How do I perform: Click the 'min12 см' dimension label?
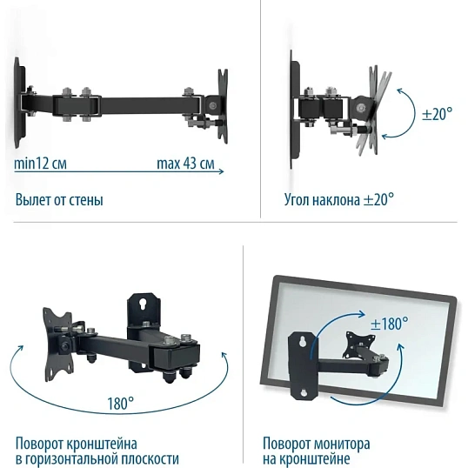tap(41, 164)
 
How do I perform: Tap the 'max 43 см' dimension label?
tap(185, 164)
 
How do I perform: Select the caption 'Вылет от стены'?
tap(59, 200)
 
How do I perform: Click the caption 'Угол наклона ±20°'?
tap(339, 199)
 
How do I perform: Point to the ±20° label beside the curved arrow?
tap(438, 114)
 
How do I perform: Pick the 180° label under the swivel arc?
tap(121, 403)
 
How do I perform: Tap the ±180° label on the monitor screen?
tap(389, 324)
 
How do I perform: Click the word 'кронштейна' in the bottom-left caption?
tap(102, 444)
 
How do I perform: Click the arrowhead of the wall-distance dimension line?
tap(222, 171)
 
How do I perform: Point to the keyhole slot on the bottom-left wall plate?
tap(143, 304)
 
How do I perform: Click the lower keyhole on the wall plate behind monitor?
tap(304, 392)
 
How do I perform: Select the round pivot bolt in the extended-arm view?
tap(212, 105)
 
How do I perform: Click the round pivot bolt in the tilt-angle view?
tap(362, 108)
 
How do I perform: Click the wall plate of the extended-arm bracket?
tap(19, 103)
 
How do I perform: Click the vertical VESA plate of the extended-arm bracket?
tap(223, 106)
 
